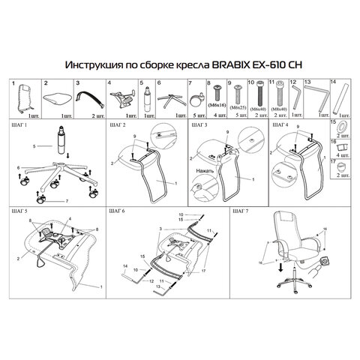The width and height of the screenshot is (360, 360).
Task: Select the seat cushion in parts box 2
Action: (55, 97)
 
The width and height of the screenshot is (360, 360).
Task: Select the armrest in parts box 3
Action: (86, 96)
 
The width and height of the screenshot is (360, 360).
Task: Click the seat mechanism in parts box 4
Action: (119, 97)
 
